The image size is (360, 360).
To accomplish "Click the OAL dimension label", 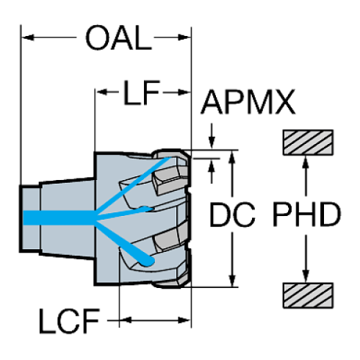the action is coord(118,38).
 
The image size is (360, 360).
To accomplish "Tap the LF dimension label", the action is coord(142,93).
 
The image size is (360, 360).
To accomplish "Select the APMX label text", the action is coord(248,102).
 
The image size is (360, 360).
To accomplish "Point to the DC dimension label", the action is coord(232,215).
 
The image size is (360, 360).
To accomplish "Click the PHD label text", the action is coord(306,215).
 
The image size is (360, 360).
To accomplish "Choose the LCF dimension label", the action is coord(69,320).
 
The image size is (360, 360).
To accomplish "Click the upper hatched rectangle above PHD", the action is coord(308,143).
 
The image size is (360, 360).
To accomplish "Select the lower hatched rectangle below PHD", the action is coord(308,295).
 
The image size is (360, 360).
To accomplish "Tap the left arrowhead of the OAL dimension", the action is coord(27,37).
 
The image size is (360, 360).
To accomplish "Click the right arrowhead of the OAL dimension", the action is coord(184,37).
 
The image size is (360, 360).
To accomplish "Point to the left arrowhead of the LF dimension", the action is coord(101,93).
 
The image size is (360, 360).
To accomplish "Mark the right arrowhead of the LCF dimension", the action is coord(184,320).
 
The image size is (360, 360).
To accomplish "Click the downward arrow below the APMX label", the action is coord(212,136).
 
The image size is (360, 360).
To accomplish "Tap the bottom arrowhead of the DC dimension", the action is coord(232,280).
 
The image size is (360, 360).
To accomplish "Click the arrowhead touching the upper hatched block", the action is coord(305,162).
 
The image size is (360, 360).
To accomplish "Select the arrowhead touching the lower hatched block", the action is coord(305,276).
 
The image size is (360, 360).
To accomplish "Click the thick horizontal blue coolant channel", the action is coord(60,217).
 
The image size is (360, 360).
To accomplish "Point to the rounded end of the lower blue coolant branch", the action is coord(148,261).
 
